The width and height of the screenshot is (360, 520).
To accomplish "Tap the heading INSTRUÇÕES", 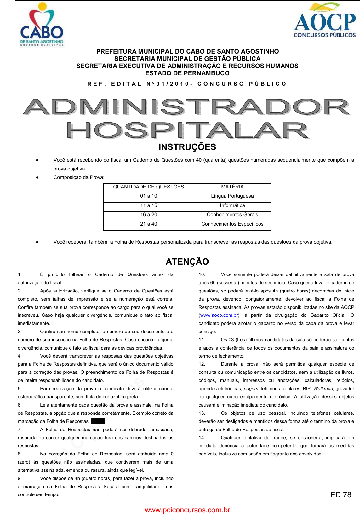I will click(187, 147).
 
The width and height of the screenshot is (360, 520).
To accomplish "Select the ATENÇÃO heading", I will click(187, 262).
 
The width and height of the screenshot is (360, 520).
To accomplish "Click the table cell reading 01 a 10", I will click(149, 196).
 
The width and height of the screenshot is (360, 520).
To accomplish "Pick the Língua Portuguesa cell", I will click(232, 196).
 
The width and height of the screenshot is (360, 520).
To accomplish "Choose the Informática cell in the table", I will click(232, 205).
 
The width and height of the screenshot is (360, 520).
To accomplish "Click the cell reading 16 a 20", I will click(149, 215).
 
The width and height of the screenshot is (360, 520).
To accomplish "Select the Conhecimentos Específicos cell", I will click(232, 224).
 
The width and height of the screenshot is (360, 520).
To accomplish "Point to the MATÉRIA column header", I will click(232, 187).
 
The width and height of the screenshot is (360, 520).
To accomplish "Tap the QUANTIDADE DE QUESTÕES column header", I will click(149, 187).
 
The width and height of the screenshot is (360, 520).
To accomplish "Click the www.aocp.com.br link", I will click(219, 315).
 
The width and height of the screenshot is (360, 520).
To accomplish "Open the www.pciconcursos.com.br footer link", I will click(187, 510).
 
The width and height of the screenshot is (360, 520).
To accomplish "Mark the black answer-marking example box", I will click(98, 421).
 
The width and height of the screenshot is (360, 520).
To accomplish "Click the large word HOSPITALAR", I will click(187, 130).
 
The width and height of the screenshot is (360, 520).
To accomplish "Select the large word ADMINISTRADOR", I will click(187, 107).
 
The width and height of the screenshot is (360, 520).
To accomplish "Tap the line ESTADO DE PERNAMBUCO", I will click(187, 73).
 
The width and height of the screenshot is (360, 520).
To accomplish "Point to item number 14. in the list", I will click(202, 438).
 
